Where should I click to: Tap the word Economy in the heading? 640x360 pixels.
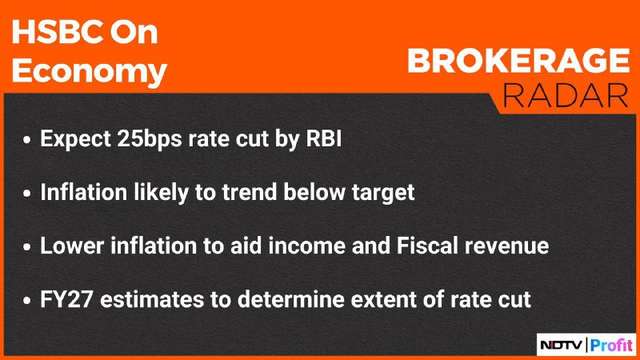pyautogui.click(x=90, y=71)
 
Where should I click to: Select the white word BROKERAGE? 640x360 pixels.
pyautogui.click(x=518, y=62)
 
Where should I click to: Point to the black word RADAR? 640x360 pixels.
pyautogui.click(x=566, y=96)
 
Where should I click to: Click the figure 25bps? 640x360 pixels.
pyautogui.click(x=150, y=139)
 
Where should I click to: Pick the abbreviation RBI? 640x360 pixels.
pyautogui.click(x=324, y=138)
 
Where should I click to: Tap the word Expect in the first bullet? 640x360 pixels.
pyautogui.click(x=75, y=139)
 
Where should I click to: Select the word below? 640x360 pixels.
pyautogui.click(x=314, y=192)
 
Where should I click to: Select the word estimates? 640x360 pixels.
pyautogui.click(x=152, y=300)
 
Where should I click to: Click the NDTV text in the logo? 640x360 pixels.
pyautogui.click(x=562, y=346)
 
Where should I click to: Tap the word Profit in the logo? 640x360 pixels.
pyautogui.click(x=611, y=345)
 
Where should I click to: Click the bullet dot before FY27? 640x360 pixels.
pyautogui.click(x=27, y=301)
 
